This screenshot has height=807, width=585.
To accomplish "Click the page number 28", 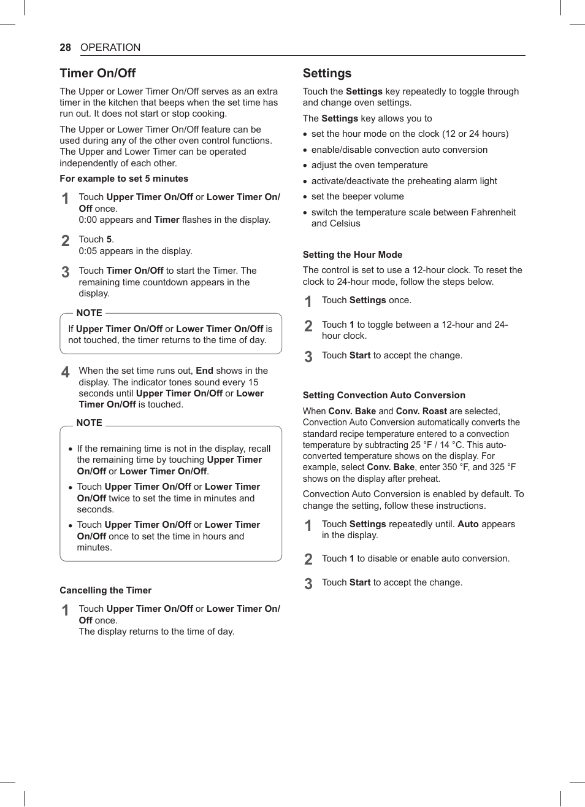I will click(65, 47).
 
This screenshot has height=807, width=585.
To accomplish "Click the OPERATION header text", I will click(110, 47).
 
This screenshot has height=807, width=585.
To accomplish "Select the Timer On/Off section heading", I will click(97, 73).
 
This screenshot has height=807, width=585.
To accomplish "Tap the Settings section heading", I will click(327, 73).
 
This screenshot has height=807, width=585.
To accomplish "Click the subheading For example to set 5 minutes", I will click(124, 179).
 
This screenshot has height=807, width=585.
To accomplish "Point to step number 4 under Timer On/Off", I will click(66, 372).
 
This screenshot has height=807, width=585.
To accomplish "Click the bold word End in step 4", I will click(204, 371).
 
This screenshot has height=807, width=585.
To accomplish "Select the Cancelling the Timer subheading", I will click(105, 590).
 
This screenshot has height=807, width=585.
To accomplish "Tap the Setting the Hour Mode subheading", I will click(353, 255).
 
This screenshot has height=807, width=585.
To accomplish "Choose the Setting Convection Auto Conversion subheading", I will click(384, 395).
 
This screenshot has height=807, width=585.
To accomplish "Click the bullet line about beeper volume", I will click(357, 196).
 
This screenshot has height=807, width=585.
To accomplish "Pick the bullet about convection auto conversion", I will click(399, 150).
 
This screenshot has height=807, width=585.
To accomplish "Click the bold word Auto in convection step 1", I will click(468, 524).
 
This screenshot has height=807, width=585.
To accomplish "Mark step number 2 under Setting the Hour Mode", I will click(308, 326).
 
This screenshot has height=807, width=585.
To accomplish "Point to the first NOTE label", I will click(90, 313).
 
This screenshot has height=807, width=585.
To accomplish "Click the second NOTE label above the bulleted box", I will click(90, 423).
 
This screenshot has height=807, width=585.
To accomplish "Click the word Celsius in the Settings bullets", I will click(335, 223).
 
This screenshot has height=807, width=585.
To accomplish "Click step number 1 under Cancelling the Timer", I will click(66, 610).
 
